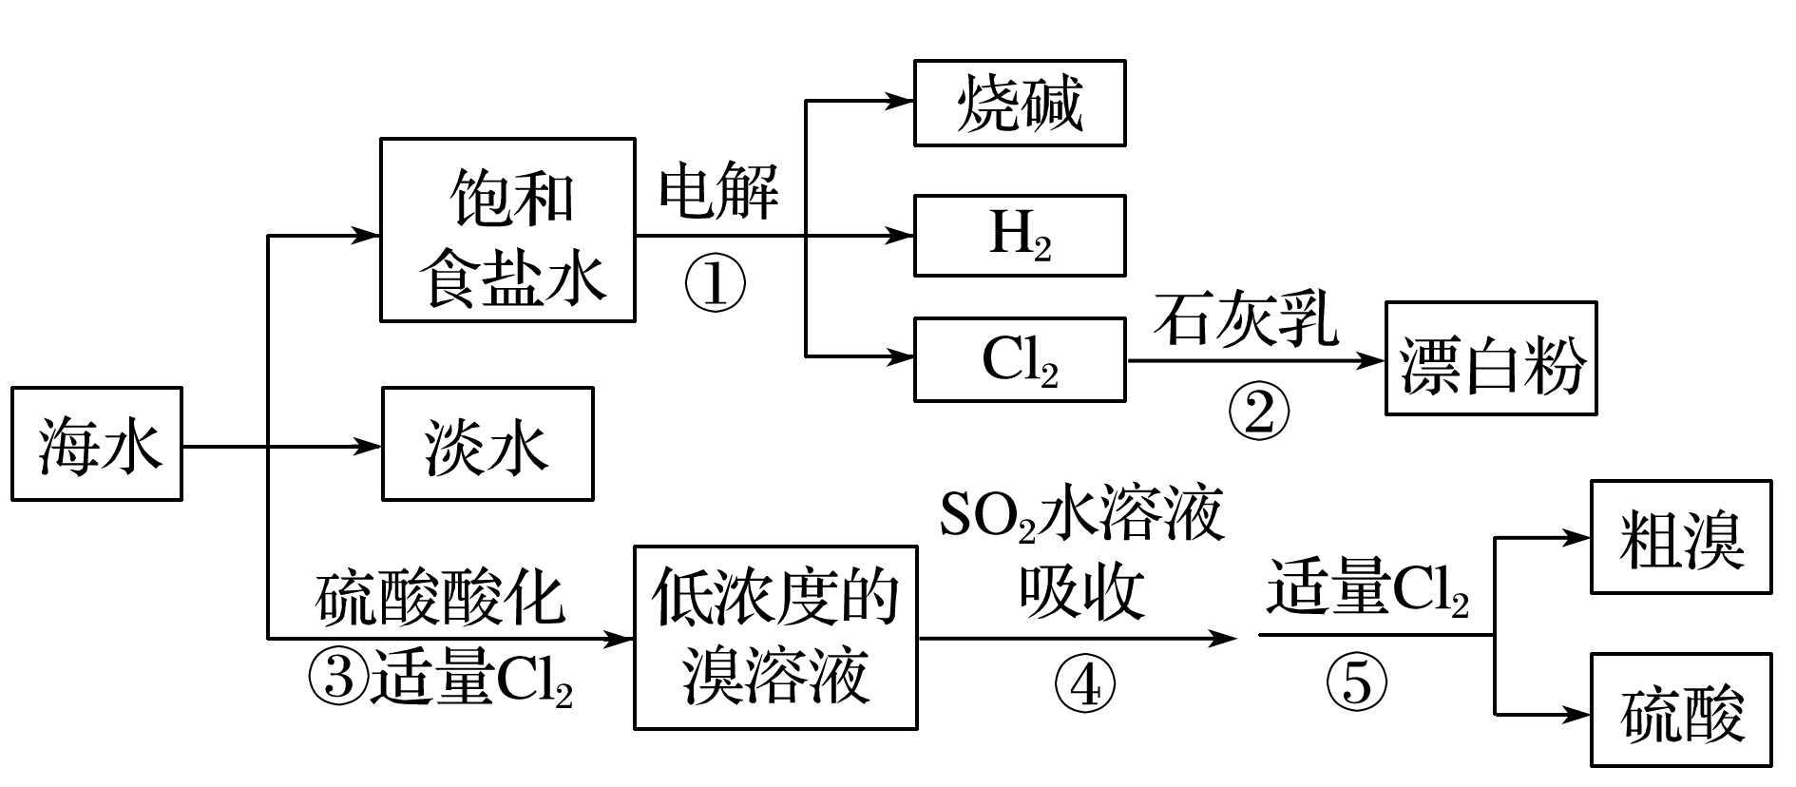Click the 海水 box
[96, 444]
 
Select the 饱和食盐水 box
[507, 230]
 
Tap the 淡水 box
[487, 444]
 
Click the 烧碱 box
[1020, 103]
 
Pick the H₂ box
[1020, 236]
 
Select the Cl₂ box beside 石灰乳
[1020, 360]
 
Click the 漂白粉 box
[1490, 359]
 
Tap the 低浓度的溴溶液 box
[775, 637]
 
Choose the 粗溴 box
[1680, 538]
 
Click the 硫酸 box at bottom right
[1680, 710]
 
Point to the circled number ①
[716, 284]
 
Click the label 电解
[718, 192]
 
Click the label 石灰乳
[1246, 320]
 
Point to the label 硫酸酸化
[440, 599]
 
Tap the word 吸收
[1081, 593]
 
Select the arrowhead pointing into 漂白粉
[1372, 360]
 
